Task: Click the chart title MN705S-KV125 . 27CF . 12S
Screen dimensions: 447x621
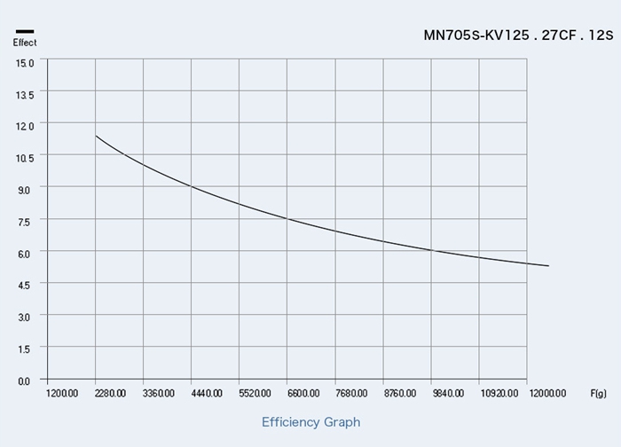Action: coord(519,36)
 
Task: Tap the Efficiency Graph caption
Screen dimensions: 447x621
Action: coord(310,422)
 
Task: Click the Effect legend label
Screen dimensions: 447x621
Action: coord(25,43)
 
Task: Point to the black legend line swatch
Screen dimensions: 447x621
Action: coord(25,32)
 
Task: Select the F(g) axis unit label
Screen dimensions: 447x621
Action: coord(599,393)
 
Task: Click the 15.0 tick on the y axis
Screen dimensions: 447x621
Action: coord(24,62)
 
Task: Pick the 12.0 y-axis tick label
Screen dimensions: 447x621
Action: coord(24,126)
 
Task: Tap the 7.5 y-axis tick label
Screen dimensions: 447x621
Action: coord(24,221)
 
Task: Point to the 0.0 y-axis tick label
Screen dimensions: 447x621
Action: coord(24,380)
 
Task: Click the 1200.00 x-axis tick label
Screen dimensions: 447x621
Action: coord(62,393)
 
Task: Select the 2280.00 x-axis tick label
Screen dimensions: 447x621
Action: coord(110,393)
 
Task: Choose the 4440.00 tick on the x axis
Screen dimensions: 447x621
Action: coord(206,393)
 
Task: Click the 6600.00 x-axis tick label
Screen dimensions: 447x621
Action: coord(303,393)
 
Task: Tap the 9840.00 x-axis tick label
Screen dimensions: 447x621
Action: coord(447,393)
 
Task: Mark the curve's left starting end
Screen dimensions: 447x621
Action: coord(96,136)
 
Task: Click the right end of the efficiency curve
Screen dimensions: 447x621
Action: coord(548,266)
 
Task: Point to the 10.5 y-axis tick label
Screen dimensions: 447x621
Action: coord(24,157)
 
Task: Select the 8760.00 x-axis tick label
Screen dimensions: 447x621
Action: coord(398,393)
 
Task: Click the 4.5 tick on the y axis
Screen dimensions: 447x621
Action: coord(24,284)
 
